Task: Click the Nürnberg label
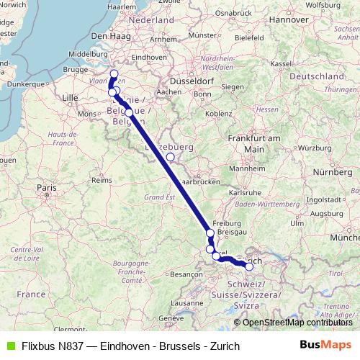333,173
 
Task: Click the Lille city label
70,96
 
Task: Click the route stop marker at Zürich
249,267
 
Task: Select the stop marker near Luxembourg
170,156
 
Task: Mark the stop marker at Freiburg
210,233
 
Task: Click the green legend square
9,346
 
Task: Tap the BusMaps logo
325,346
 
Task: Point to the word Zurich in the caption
224,346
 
